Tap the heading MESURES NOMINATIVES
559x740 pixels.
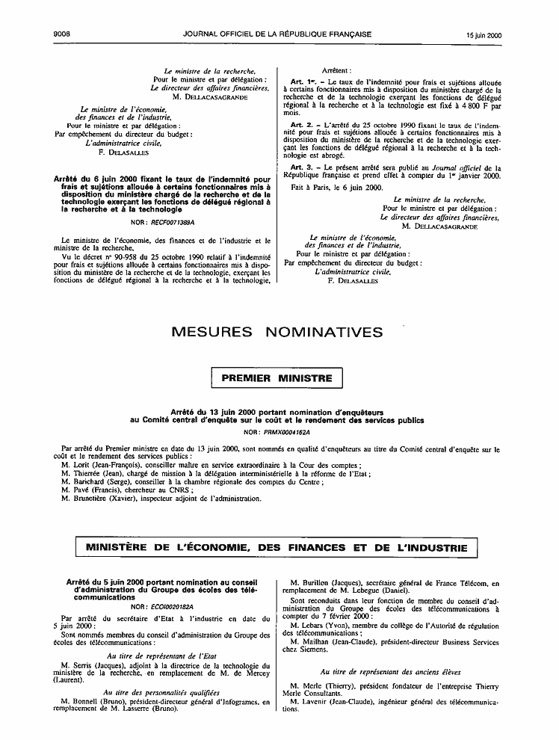(x=277, y=332)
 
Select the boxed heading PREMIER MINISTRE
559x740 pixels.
(x=277, y=378)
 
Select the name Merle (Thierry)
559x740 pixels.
(x=327, y=685)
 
